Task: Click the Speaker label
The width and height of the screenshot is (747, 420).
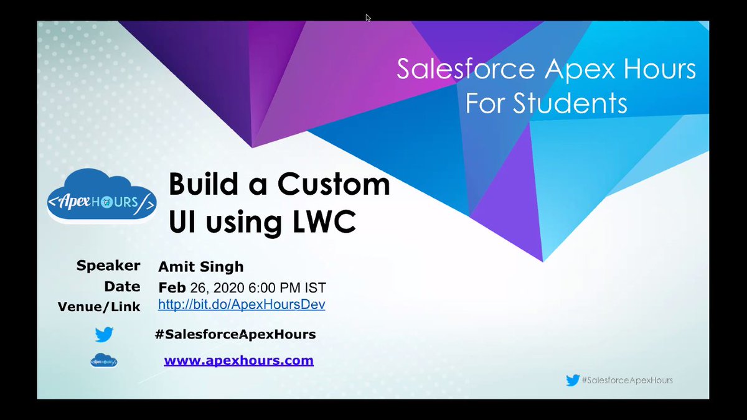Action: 108,266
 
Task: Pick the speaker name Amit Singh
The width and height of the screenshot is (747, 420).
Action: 201,267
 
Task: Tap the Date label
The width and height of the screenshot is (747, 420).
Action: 122,286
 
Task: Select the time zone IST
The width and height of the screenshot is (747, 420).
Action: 313,288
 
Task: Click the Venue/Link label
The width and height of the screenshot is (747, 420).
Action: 99,307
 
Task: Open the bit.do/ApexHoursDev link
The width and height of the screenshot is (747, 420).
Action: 242,305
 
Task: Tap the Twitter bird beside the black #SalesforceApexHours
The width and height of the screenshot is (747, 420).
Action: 104,335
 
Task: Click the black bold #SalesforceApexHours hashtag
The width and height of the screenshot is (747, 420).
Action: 235,335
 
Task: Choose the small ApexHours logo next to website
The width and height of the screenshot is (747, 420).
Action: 104,360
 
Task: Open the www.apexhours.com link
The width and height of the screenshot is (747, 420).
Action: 238,360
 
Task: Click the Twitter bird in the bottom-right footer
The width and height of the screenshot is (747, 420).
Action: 573,380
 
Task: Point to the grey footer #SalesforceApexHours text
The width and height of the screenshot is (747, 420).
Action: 627,380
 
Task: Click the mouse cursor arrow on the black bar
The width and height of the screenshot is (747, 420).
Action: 368,17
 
